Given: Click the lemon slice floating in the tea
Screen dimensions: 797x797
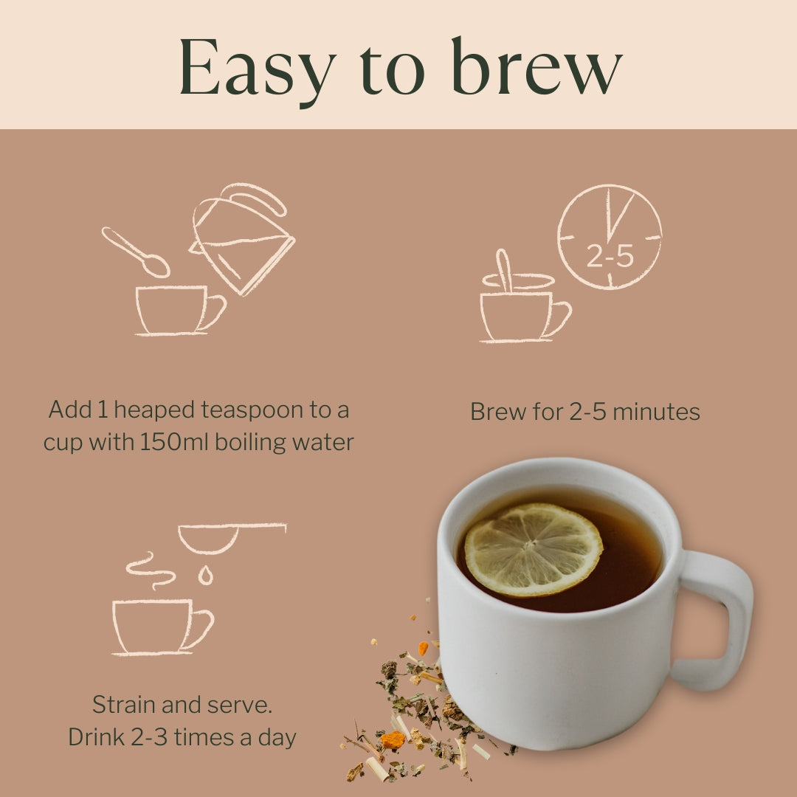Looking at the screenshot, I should [533, 548].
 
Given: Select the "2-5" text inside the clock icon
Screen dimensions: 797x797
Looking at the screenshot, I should [610, 256].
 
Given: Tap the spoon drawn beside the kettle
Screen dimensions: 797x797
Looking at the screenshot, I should [136, 252].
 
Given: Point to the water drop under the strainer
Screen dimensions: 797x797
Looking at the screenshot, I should [206, 575].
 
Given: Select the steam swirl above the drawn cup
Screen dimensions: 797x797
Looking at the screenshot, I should [151, 569].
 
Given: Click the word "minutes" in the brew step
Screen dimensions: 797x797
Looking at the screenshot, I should [658, 412].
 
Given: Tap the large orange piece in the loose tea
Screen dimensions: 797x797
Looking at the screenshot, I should [393, 739].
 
